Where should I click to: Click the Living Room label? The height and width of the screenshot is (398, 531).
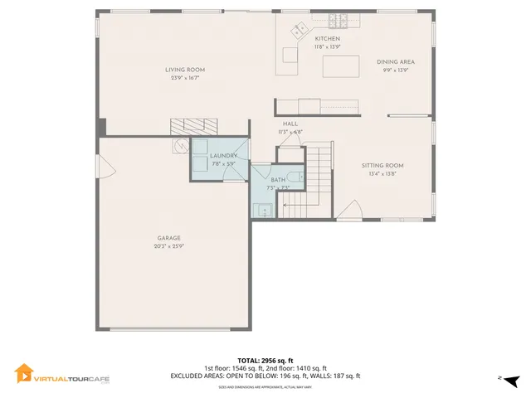(185, 70)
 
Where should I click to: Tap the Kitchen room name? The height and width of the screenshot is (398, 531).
(327, 39)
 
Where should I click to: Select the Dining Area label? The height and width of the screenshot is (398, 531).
(395, 62)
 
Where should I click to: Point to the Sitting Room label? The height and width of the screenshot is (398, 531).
(382, 166)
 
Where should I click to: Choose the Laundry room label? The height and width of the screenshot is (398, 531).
(223, 156)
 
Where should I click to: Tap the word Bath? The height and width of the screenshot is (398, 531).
(277, 180)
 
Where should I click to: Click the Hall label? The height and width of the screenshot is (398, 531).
(290, 124)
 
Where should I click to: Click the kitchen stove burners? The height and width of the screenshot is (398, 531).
(338, 21)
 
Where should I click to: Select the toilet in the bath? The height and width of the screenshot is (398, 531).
(300, 177)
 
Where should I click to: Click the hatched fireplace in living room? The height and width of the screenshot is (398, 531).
(193, 126)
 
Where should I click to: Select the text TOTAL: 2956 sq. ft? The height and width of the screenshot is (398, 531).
(265, 361)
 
